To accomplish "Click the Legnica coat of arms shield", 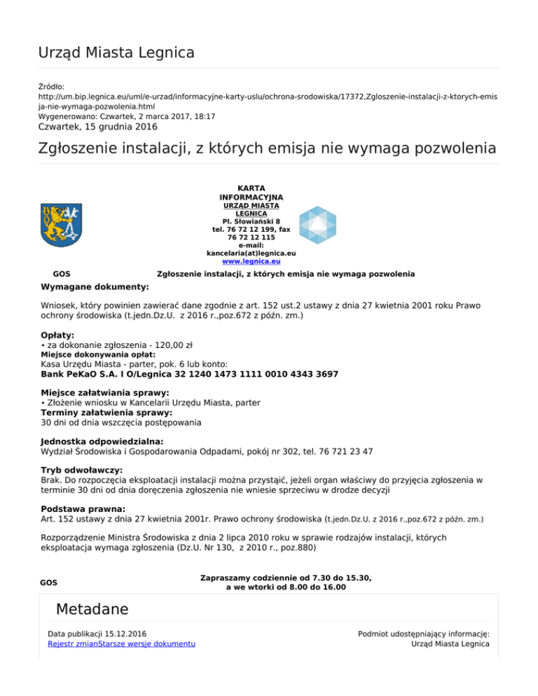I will pos(62,225).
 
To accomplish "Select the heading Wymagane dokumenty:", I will pos(95,287).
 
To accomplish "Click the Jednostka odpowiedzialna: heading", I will pos(102,442).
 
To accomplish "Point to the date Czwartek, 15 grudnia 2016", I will pos(97,127).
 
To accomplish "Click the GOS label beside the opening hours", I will pos(49,583).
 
